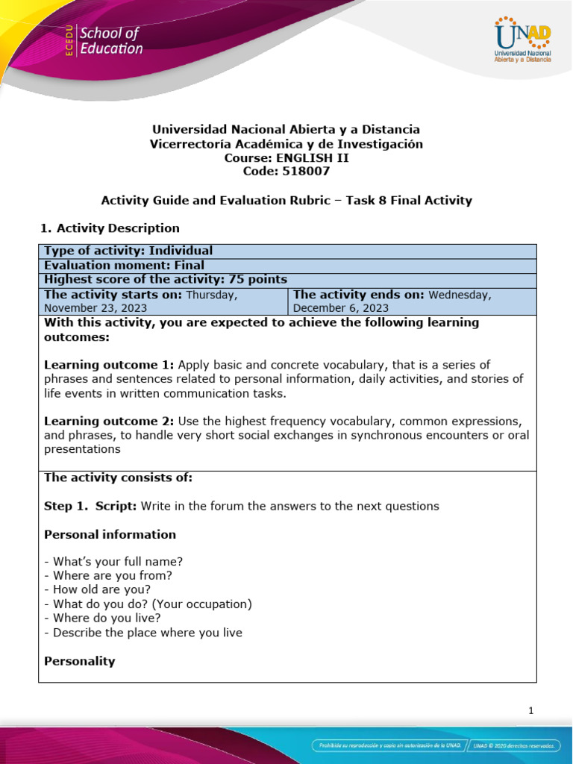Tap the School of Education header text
[110, 41]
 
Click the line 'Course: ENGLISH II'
[286, 157]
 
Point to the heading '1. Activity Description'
[109, 228]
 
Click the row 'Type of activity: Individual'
[128, 251]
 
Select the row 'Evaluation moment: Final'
[124, 265]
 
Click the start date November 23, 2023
[95, 307]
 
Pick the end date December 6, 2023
[341, 307]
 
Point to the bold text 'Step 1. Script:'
[90, 506]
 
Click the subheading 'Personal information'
[110, 534]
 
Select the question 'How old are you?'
[97, 589]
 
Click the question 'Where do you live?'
[102, 618]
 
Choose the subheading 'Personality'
[80, 661]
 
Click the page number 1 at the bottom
[530, 710]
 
